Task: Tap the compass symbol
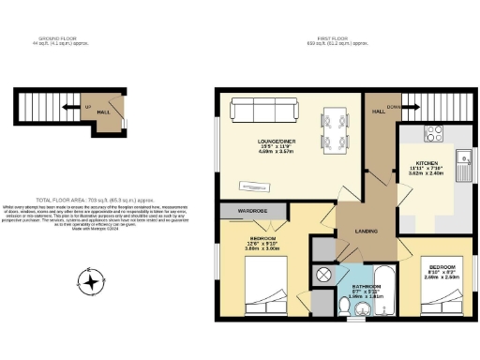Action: click(x=91, y=280)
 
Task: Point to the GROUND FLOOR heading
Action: click(x=70, y=39)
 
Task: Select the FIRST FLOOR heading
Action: click(x=337, y=39)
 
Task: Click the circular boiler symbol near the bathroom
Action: click(x=324, y=275)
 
